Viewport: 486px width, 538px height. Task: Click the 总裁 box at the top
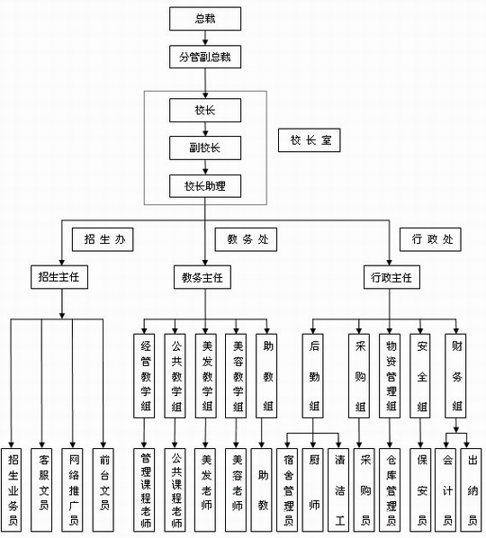point(205,19)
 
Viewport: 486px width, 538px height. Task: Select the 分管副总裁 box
point(205,57)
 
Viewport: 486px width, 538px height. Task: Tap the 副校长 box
point(205,148)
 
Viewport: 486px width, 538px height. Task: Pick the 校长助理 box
point(205,186)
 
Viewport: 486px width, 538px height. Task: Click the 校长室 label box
point(309,140)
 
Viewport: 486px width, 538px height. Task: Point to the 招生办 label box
point(103,239)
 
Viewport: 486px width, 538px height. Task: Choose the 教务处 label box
point(246,239)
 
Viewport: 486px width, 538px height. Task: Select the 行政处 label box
point(430,239)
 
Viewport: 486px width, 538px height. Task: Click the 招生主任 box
point(59,277)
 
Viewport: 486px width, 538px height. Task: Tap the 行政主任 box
point(391,277)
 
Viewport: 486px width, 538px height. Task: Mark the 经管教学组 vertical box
point(144,376)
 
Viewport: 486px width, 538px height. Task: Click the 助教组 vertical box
point(266,376)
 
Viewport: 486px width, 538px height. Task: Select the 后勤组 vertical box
point(312,376)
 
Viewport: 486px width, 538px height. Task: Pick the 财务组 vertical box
point(455,376)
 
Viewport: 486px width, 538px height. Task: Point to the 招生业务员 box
point(11,490)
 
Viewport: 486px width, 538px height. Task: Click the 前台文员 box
point(103,490)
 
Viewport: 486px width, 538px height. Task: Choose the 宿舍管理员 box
point(287,490)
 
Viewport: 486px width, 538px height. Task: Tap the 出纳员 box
point(471,490)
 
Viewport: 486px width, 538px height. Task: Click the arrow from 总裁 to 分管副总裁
point(205,38)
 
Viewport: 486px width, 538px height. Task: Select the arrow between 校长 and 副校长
point(205,129)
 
